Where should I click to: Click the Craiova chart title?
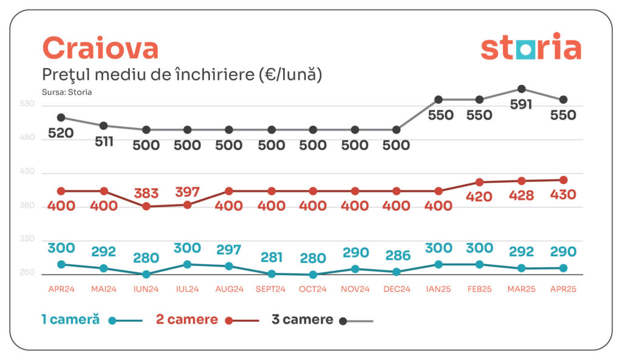point(100,49)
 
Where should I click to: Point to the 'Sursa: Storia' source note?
point(67,92)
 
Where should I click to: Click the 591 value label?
point(521,104)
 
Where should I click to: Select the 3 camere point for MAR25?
point(521,89)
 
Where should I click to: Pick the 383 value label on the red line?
point(146,194)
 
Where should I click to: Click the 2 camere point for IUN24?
point(146,206)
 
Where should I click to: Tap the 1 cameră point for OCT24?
point(313,274)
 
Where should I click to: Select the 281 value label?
point(271,257)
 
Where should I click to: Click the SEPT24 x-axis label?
point(271,289)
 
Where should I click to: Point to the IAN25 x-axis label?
point(438,289)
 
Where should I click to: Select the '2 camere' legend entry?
point(187,319)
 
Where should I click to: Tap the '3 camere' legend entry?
point(302,319)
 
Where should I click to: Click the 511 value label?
point(103,141)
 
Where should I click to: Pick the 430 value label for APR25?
point(563,195)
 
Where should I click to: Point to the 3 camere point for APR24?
point(61,117)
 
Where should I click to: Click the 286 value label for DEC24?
point(397,256)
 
